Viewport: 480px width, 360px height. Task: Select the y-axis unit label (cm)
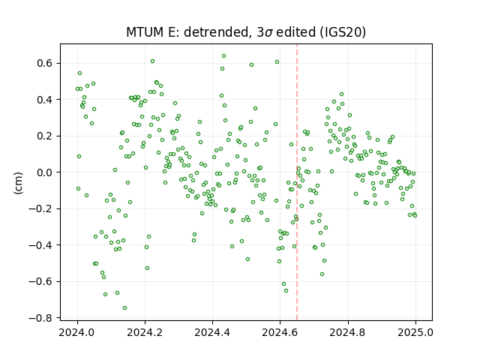click(x=18, y=183)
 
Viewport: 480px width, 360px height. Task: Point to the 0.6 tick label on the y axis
click(x=45, y=63)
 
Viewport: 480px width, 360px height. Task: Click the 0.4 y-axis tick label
click(x=45, y=100)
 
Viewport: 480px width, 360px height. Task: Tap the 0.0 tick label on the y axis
click(x=45, y=172)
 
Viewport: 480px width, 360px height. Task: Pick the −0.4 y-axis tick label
click(x=41, y=245)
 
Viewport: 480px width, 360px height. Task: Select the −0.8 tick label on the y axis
click(x=41, y=318)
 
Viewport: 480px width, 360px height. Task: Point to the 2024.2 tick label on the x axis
click(x=145, y=332)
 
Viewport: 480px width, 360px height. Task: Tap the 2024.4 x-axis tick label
click(x=212, y=332)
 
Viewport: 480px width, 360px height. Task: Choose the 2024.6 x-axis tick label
click(x=280, y=332)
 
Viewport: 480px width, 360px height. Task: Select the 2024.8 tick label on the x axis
click(x=347, y=332)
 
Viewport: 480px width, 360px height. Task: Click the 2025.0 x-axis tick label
click(x=415, y=332)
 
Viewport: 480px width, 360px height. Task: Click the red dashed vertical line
click(x=297, y=182)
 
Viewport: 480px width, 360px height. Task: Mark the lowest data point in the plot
click(x=124, y=307)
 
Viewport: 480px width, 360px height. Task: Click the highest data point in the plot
click(x=223, y=56)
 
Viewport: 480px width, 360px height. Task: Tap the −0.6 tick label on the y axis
click(x=41, y=282)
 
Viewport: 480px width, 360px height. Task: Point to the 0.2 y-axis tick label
click(x=45, y=136)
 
